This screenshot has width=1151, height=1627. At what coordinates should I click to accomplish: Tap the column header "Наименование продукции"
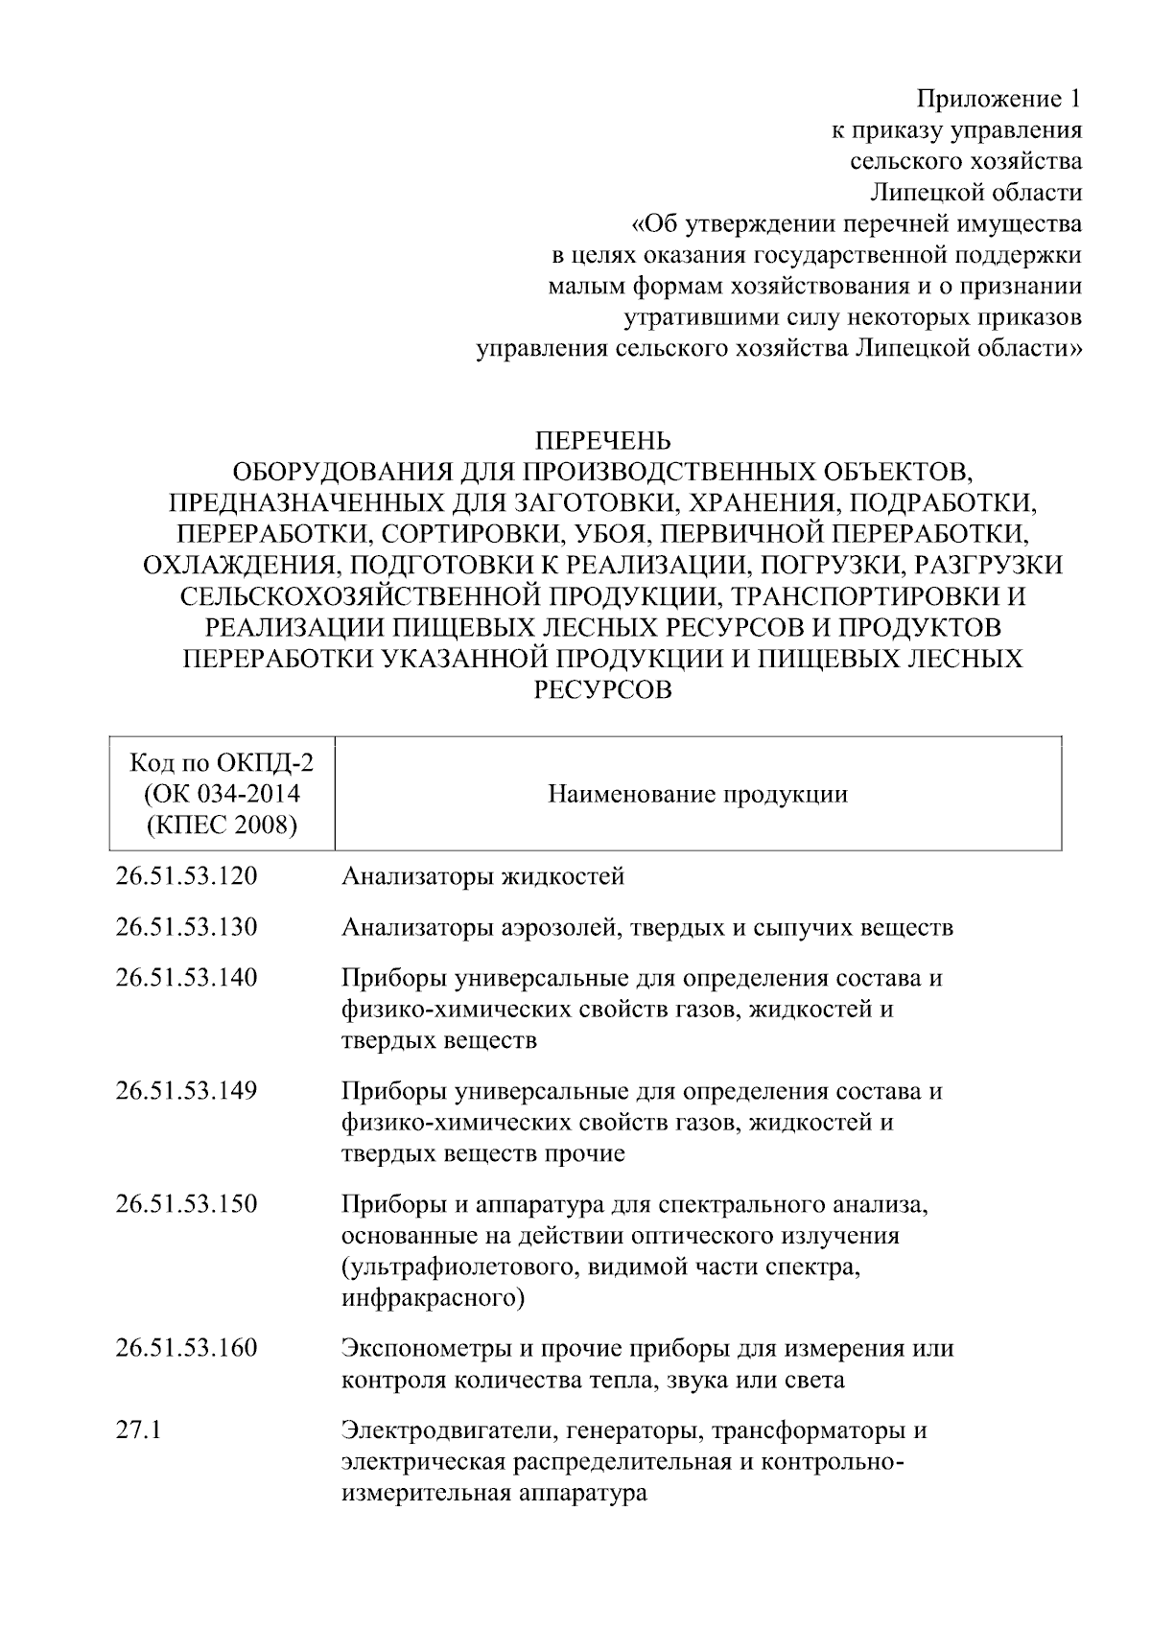click(697, 794)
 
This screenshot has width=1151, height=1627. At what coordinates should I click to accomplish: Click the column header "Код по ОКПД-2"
click(222, 763)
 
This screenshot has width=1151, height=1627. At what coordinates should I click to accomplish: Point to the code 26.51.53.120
click(186, 875)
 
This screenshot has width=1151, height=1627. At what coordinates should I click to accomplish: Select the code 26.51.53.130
click(186, 927)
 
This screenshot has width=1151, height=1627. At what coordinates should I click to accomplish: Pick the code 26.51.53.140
click(186, 978)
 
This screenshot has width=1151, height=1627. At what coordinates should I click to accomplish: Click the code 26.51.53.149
click(186, 1091)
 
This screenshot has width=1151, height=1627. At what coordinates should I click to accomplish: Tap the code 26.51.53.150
click(186, 1203)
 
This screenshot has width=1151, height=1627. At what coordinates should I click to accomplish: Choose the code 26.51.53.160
click(186, 1348)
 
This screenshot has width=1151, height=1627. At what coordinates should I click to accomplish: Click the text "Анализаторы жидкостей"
click(482, 875)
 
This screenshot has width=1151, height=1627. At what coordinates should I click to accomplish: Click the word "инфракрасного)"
click(433, 1299)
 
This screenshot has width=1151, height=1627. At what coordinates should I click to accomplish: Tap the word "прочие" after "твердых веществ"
click(585, 1153)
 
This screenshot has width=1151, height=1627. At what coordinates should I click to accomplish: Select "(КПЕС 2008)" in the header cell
click(222, 825)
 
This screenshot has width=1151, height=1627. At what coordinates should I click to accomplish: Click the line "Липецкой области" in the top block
click(975, 193)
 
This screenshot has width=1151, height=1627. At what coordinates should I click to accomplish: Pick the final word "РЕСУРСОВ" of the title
click(602, 689)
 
